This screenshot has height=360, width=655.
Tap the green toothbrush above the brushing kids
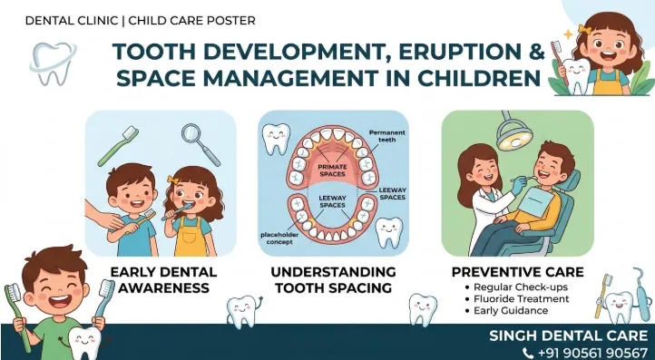[x=118, y=146]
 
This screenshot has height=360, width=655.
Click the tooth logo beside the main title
[x=53, y=63]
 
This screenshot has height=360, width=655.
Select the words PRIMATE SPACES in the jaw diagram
[x=333, y=170]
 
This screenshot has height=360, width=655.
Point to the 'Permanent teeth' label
[x=386, y=136]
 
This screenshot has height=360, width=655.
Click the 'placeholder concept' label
[x=279, y=238]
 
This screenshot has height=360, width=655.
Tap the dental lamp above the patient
[x=513, y=132]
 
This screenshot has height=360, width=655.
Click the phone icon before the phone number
[x=528, y=354]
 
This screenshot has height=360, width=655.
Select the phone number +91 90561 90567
[x=592, y=354]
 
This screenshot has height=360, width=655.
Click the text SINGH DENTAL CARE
[x=569, y=336]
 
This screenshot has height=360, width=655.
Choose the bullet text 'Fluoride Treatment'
[x=522, y=299]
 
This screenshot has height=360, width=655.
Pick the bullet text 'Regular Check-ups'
[x=521, y=287]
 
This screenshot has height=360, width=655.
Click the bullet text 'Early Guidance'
[x=511, y=311]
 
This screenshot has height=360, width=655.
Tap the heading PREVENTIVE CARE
[x=518, y=272]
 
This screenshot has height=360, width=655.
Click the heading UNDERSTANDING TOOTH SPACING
[x=333, y=280]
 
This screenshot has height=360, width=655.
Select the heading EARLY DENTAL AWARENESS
[x=163, y=280]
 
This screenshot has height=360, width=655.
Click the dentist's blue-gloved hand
[x=517, y=186]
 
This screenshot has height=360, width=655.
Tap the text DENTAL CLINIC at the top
[x=72, y=21]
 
